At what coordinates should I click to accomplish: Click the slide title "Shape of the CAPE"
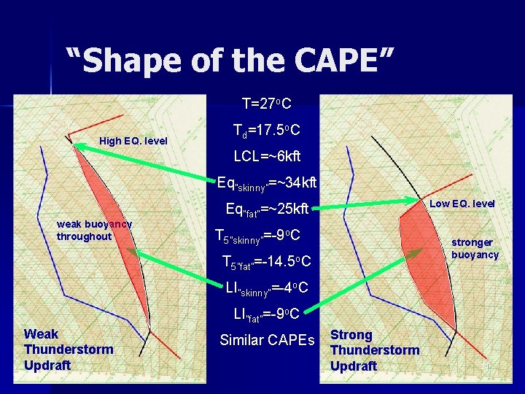click(230, 60)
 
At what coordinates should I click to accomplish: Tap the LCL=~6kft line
click(267, 156)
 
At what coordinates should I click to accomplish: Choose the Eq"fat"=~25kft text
click(267, 209)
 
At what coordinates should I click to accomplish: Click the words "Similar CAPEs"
click(268, 340)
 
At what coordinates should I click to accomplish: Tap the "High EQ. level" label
click(133, 141)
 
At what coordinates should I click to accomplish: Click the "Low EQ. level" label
click(462, 204)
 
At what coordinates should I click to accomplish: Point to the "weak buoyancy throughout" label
click(94, 231)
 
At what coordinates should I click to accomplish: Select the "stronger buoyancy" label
click(475, 248)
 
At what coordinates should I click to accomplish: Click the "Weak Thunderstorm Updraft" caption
click(69, 349)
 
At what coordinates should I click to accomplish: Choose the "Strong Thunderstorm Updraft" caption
click(375, 350)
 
